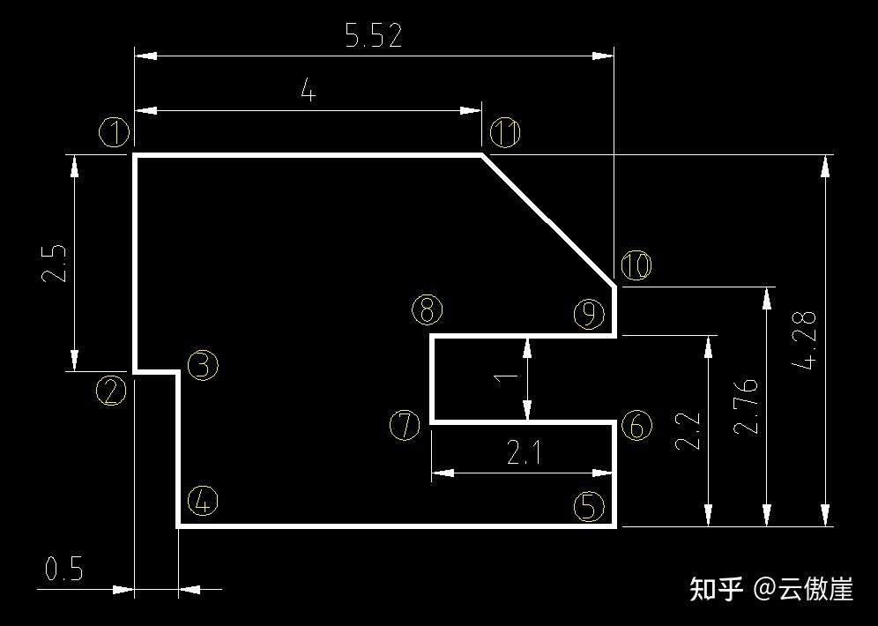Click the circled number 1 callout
[x=115, y=134]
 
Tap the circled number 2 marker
[x=111, y=391]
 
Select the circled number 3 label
[x=203, y=364]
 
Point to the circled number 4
[x=203, y=503]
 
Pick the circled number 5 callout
[x=589, y=506]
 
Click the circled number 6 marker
[x=636, y=426]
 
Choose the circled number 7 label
[x=405, y=426]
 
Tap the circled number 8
[x=427, y=309]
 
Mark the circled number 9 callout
[x=589, y=314]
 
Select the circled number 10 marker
[x=636, y=265]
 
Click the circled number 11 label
[x=505, y=133]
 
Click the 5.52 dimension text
[x=374, y=36]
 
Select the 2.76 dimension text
[x=746, y=406]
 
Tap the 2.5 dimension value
[x=53, y=263]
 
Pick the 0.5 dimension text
[x=63, y=570]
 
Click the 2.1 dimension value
[x=525, y=453]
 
